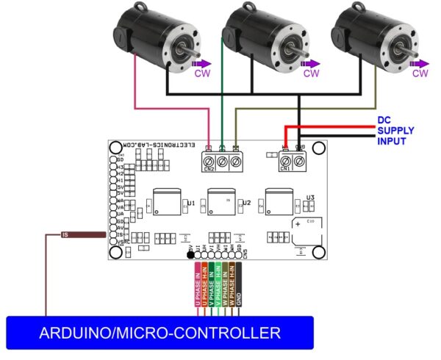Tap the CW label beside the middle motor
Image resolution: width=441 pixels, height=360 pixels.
(311, 73)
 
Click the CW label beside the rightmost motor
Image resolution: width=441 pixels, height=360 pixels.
(420, 73)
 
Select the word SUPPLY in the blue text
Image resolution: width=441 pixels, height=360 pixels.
(395, 130)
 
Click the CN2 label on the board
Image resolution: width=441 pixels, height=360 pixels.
(209, 170)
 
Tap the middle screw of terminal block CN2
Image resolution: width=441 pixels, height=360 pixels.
(222, 159)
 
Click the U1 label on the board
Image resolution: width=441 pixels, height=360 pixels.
(191, 203)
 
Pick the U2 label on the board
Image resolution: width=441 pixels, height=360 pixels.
(247, 203)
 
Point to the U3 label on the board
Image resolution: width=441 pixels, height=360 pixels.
(310, 198)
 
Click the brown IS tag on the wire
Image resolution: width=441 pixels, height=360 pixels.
(65, 235)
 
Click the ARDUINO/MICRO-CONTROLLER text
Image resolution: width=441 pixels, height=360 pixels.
(159, 333)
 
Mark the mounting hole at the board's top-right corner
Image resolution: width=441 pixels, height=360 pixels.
(318, 149)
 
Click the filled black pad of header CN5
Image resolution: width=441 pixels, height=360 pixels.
(190, 256)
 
